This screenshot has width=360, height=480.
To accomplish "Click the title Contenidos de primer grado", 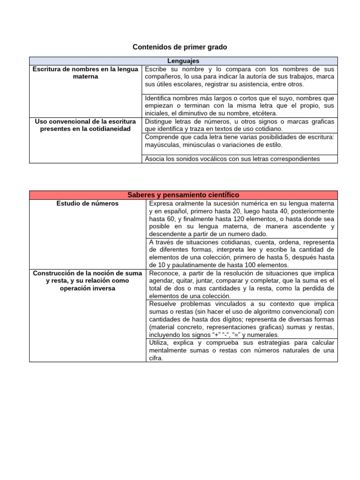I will [x=180, y=47].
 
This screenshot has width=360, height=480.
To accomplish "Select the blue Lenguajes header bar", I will [x=183, y=61].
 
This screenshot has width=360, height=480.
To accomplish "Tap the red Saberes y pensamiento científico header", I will [x=183, y=195].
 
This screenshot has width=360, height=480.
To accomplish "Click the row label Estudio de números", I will [x=88, y=203].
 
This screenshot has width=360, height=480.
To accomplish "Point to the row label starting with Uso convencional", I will [x=85, y=125].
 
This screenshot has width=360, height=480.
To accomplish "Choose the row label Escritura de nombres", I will [x=85, y=73].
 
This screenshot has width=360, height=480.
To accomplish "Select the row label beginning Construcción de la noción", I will [x=88, y=280].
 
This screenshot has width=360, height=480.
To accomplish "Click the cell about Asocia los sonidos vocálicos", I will [x=232, y=159].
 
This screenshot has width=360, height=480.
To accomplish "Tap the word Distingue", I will [x=159, y=121].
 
